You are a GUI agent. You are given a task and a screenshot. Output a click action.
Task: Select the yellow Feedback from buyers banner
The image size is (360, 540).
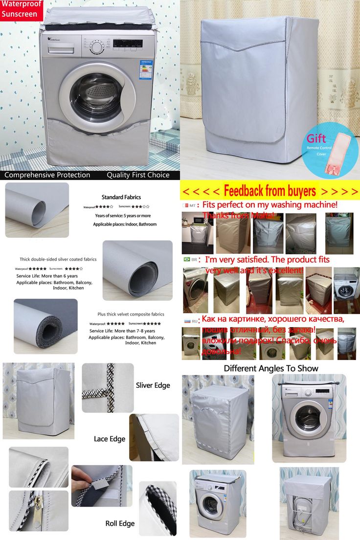pyautogui.click(x=270, y=190)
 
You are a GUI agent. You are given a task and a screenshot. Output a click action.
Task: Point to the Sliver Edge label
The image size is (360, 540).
pyautogui.click(x=153, y=385)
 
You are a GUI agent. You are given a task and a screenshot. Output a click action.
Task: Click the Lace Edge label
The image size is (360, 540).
pyautogui.click(x=110, y=439)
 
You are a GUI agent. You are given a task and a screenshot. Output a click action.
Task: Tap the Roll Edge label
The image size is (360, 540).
pyautogui.click(x=120, y=523)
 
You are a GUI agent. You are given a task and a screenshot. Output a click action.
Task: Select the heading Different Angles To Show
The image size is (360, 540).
pyautogui.click(x=271, y=368)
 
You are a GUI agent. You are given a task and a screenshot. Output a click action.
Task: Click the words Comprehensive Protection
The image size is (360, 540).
pyautogui.click(x=47, y=175)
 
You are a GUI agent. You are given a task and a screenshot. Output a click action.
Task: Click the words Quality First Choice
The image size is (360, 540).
pyautogui.click(x=138, y=175)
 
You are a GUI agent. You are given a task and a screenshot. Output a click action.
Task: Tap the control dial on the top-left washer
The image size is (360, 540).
pyautogui.click(x=97, y=47)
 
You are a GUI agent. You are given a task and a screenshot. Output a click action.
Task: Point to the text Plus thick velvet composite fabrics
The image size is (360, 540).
pyautogui.click(x=131, y=314)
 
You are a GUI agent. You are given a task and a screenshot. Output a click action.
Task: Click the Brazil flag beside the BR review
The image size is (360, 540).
pyautogui.click(x=186, y=259)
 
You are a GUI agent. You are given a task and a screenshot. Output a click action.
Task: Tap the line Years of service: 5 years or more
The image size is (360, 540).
pyautogui.click(x=123, y=216)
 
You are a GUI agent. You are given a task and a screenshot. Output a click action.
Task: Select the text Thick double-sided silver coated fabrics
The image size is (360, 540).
pyautogui.click(x=58, y=259)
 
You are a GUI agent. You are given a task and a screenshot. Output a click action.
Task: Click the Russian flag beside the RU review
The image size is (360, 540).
pyautogui.click(x=186, y=320)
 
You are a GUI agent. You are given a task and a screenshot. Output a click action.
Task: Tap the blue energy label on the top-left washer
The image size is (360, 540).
pyautogui.click(x=146, y=69)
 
